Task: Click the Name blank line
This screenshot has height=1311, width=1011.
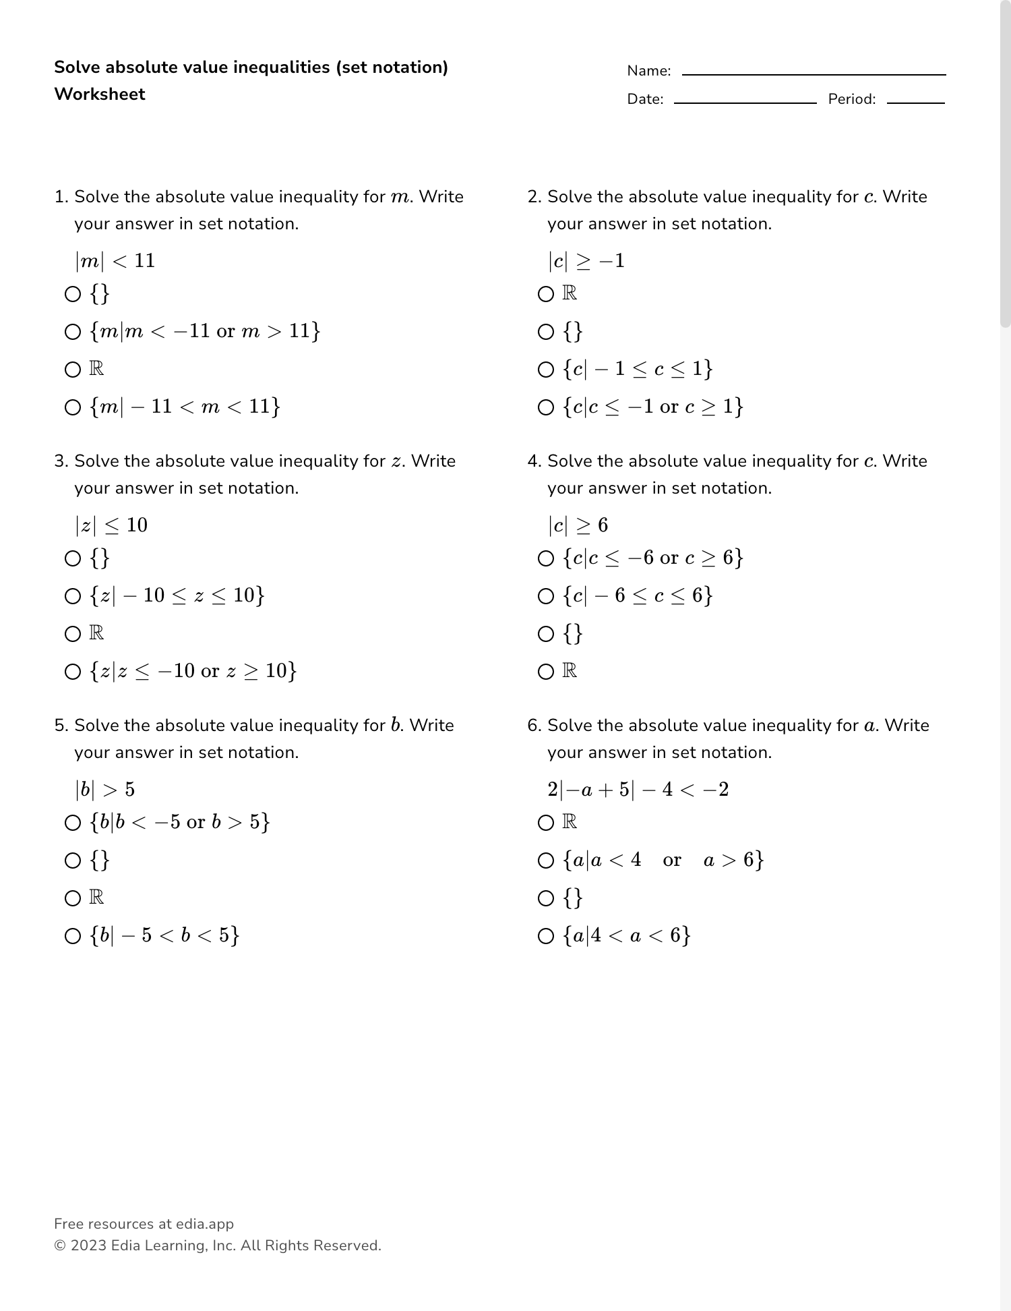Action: [x=814, y=74]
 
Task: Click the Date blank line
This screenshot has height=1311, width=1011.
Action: [x=745, y=102]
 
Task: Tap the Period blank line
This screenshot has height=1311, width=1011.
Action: [x=915, y=102]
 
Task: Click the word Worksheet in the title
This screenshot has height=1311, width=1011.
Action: [x=100, y=94]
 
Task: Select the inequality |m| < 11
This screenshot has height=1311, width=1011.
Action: [x=115, y=260]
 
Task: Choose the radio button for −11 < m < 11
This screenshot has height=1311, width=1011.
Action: [x=73, y=407]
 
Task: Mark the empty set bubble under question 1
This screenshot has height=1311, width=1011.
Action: [x=73, y=294]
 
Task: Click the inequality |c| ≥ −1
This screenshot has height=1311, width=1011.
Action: [x=586, y=260]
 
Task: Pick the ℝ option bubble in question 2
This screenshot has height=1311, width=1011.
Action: [x=546, y=294]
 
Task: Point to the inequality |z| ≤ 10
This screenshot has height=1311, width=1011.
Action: [x=111, y=525]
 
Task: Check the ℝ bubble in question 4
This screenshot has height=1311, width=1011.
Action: [x=546, y=672]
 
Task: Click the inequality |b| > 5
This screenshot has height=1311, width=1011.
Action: [x=105, y=789]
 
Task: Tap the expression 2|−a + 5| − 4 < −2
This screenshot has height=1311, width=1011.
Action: [x=638, y=789]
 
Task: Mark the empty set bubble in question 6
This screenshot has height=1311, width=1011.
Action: [x=546, y=898]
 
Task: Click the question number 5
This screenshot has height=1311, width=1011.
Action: [x=61, y=726]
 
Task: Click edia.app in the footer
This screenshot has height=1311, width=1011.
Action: [x=205, y=1224]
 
